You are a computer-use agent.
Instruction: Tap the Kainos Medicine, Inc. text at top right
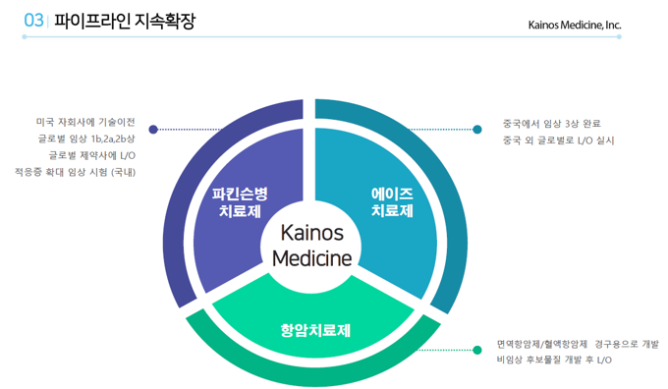pos(575,24)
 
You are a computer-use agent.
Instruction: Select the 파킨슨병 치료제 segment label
pos(241,201)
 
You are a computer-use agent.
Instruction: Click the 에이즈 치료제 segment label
pos(391,201)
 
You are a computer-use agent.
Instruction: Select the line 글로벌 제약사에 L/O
pos(91,155)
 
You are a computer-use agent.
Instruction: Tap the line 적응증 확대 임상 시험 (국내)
pos(75,172)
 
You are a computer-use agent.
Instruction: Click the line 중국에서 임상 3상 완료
pos(551,124)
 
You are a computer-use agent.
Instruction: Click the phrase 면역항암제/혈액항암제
pos(542,344)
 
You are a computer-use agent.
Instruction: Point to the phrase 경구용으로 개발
pos(627,344)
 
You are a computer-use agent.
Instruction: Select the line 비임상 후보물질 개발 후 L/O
pos(554,361)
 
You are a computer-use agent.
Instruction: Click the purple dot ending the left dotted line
pos(153,129)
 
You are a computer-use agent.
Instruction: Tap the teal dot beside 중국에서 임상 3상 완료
pos(477,129)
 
